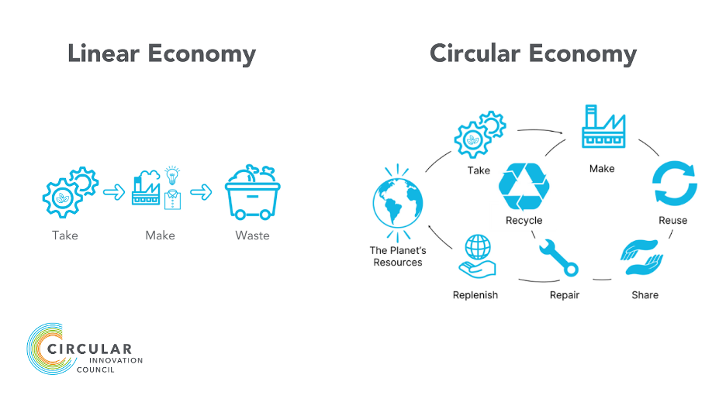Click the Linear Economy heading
[x=161, y=54]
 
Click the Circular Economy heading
[x=533, y=54]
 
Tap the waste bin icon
[x=252, y=192]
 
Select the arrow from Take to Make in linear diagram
[x=114, y=192]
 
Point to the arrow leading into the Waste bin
[x=201, y=192]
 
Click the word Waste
[x=252, y=235]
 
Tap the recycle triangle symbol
[x=524, y=187]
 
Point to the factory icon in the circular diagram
[x=603, y=129]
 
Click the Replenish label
[x=475, y=295]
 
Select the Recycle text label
[x=524, y=221]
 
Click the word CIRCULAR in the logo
[x=90, y=350]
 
